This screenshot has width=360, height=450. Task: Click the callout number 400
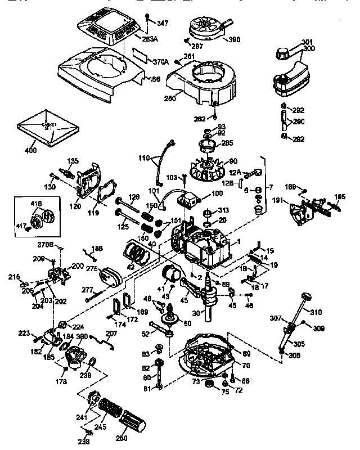(31, 151)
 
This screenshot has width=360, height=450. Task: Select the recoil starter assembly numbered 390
(206, 29)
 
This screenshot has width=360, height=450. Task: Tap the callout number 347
(162, 23)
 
